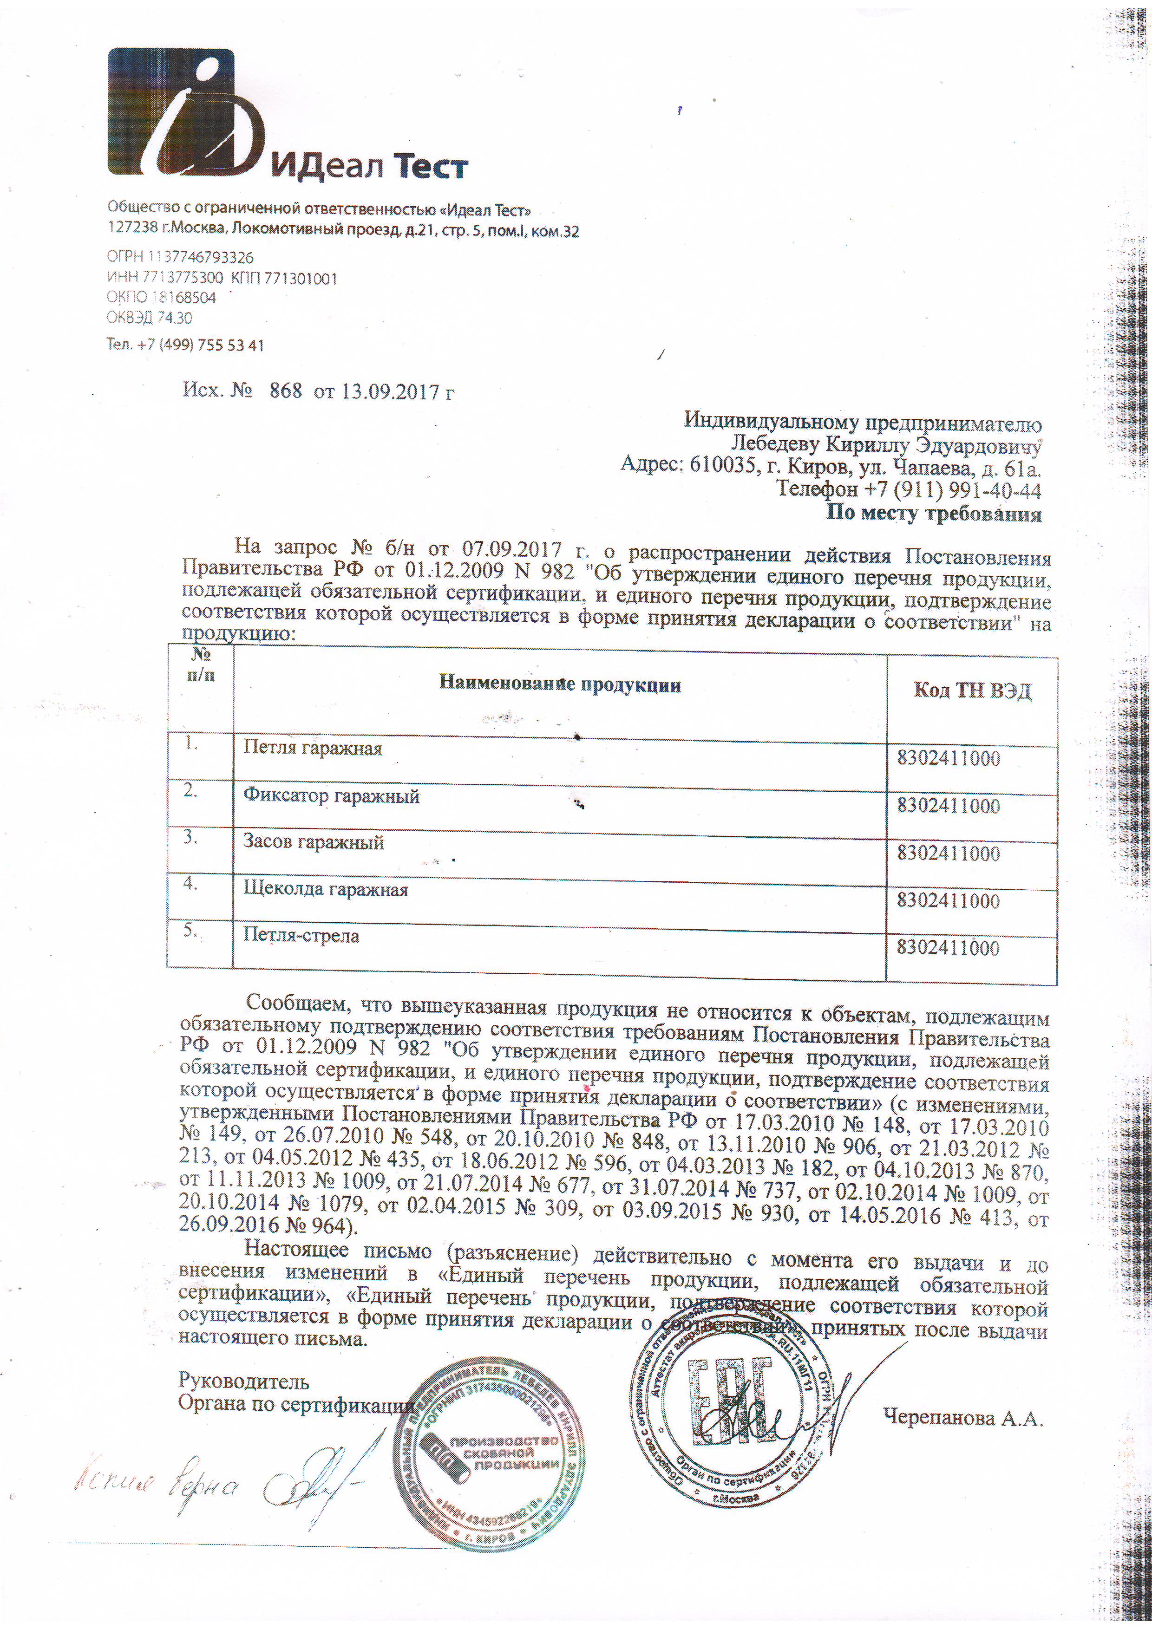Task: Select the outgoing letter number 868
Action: (285, 391)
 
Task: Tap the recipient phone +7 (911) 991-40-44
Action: (909, 489)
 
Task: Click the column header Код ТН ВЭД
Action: (972, 691)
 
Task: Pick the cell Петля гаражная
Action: (313, 749)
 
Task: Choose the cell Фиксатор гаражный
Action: (332, 796)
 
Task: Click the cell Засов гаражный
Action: (314, 842)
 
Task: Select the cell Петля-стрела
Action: (301, 935)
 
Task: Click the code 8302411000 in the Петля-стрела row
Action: (948, 948)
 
